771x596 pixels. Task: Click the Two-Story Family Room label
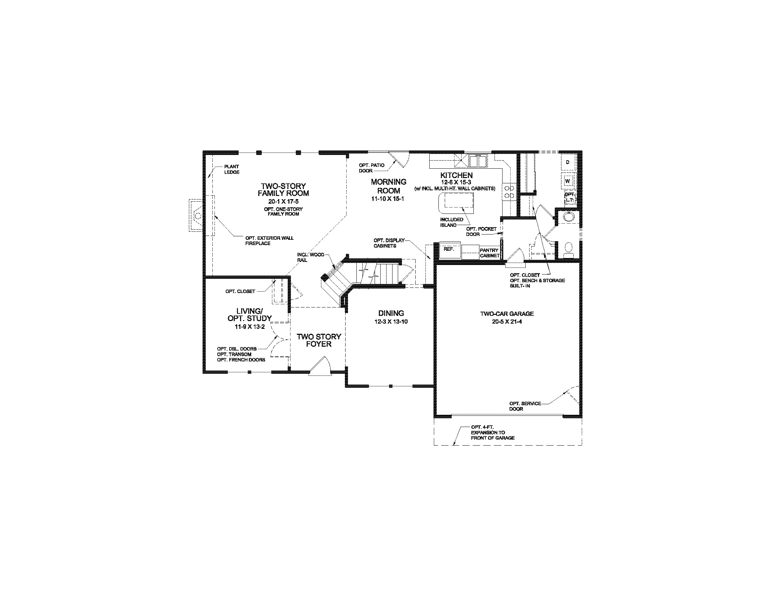(283, 190)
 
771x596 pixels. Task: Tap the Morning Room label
(388, 186)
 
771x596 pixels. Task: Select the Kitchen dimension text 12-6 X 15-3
(456, 182)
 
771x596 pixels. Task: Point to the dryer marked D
(568, 162)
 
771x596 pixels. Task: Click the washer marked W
(568, 181)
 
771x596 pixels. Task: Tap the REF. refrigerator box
(449, 249)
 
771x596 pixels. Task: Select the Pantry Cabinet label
(489, 253)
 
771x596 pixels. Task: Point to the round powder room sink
(568, 217)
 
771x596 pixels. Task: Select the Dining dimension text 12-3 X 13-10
(391, 321)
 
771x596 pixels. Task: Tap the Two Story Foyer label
(319, 340)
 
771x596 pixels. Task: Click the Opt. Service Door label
(525, 406)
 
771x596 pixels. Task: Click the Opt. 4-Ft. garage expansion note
(492, 433)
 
